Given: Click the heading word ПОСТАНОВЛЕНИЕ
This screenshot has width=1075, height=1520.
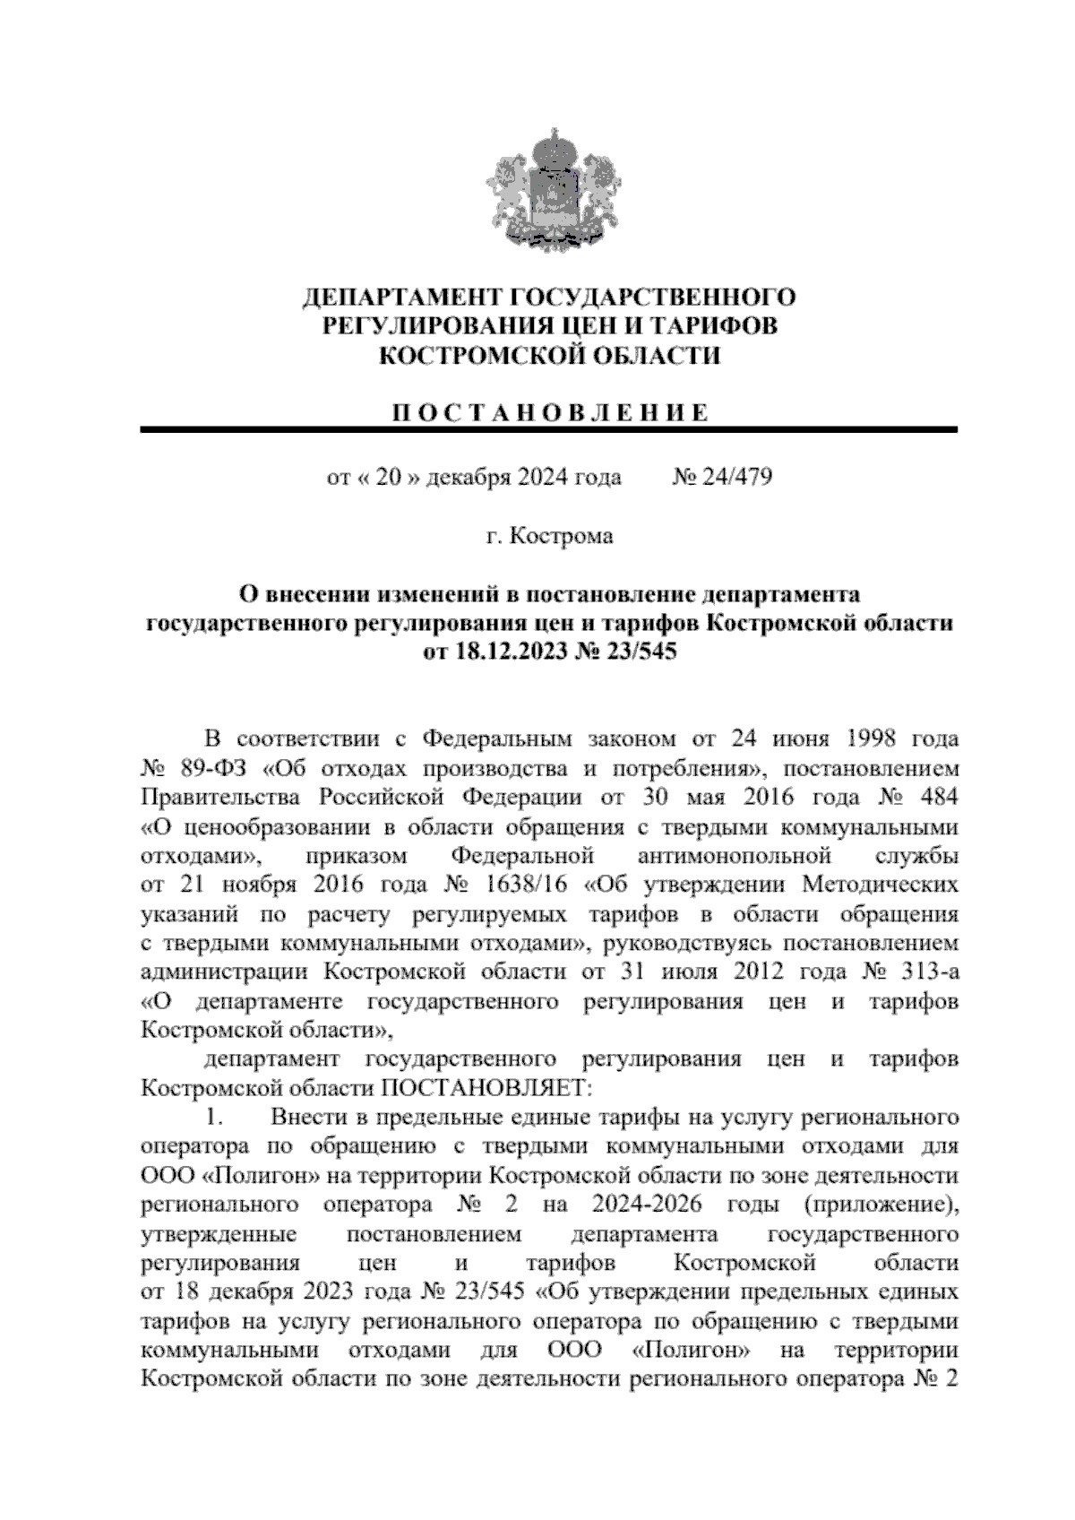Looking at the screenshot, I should pos(549,412).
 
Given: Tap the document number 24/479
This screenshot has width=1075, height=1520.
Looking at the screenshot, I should pos(733,477).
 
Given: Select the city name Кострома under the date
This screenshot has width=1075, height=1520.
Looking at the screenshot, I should pos(562,537).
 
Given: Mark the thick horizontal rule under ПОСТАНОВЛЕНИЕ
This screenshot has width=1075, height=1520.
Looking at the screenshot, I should pos(549,431).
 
